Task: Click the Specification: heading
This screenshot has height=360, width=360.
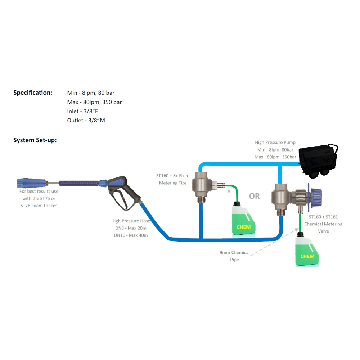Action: pyautogui.click(x=33, y=93)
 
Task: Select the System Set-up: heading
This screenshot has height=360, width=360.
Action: pyautogui.click(x=35, y=140)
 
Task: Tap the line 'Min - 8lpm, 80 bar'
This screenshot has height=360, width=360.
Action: pyautogui.click(x=91, y=93)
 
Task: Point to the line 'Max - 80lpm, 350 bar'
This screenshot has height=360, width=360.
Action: pyautogui.click(x=94, y=102)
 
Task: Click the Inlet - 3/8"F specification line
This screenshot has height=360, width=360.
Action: pyautogui.click(x=82, y=111)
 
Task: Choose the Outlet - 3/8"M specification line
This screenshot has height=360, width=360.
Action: pyautogui.click(x=86, y=121)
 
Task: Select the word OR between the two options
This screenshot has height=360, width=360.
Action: pyautogui.click(x=254, y=196)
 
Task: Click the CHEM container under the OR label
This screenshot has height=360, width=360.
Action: pyautogui.click(x=244, y=220)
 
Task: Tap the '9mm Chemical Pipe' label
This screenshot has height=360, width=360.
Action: pyautogui.click(x=235, y=256)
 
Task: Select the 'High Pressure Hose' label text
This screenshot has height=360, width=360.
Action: pyautogui.click(x=131, y=221)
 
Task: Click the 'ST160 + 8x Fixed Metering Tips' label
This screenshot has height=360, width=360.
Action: pyautogui.click(x=172, y=179)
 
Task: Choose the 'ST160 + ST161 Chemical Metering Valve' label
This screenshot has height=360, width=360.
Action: pyautogui.click(x=323, y=224)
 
